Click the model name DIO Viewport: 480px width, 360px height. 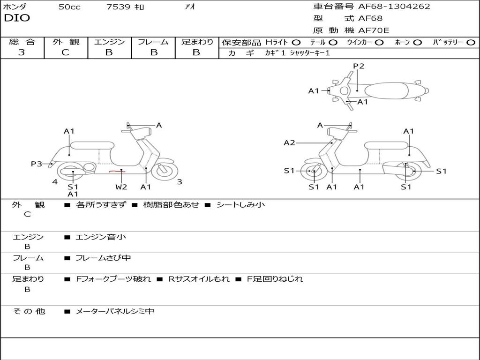point(17,18)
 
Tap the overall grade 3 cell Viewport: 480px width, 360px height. point(22,52)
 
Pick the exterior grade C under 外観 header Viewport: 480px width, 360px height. point(65,52)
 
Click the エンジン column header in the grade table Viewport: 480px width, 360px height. point(109,42)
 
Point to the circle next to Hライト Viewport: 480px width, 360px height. point(296,42)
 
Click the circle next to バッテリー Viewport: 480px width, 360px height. point(471,42)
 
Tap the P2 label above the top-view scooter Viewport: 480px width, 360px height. point(359,66)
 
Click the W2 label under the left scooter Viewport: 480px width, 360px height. point(121,187)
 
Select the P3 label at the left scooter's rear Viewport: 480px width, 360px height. point(37,164)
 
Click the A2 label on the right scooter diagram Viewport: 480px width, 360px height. point(290,142)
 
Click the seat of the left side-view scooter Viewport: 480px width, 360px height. point(91,145)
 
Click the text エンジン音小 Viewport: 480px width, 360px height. point(101,237)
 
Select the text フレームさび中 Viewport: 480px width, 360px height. point(103,258)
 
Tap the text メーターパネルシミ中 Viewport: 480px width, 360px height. point(114,311)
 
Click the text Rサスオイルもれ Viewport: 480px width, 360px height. point(199,279)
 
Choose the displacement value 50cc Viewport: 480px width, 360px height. point(69,7)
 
